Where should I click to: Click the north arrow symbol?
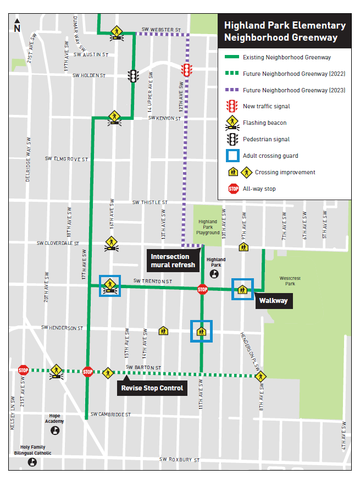(x=17, y=25)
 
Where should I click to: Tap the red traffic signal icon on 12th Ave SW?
(x=187, y=70)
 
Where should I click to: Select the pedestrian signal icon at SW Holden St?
(x=132, y=76)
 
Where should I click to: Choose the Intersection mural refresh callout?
(x=173, y=261)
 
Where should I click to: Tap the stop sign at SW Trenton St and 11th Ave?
(x=202, y=289)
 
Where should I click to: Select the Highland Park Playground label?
(x=208, y=227)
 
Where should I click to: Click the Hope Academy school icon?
(x=56, y=430)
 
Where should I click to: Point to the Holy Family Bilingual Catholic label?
(x=33, y=450)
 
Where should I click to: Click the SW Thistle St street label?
(x=149, y=202)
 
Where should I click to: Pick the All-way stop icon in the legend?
(x=233, y=189)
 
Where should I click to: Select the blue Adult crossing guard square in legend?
(x=233, y=156)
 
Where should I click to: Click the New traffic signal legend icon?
(x=233, y=106)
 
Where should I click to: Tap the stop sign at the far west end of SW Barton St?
(x=23, y=369)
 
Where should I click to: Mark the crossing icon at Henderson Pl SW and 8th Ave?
(x=261, y=377)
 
